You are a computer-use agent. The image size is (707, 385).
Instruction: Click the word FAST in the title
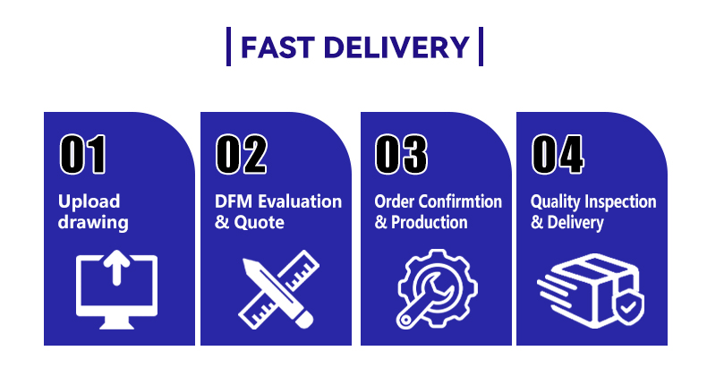pos(277,47)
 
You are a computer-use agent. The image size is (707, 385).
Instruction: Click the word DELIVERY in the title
pos(396,47)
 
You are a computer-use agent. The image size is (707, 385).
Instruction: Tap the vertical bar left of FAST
pos(228,47)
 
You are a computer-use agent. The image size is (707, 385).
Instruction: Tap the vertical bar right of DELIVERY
pos(481,47)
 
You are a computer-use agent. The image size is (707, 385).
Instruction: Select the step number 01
pos(83,154)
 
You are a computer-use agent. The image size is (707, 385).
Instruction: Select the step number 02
pos(242,154)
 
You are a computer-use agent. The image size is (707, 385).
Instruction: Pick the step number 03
pos(401,154)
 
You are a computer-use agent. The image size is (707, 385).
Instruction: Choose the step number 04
pos(558,154)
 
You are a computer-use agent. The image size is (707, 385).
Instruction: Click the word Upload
pos(89,201)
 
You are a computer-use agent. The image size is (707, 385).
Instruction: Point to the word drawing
pos(93,223)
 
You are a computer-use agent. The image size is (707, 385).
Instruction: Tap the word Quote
pos(259,222)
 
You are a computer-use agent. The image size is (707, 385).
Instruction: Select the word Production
pos(430,222)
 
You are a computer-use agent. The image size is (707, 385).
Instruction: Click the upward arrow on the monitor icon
pos(116,267)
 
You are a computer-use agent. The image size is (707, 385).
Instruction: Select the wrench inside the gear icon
pos(422,299)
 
